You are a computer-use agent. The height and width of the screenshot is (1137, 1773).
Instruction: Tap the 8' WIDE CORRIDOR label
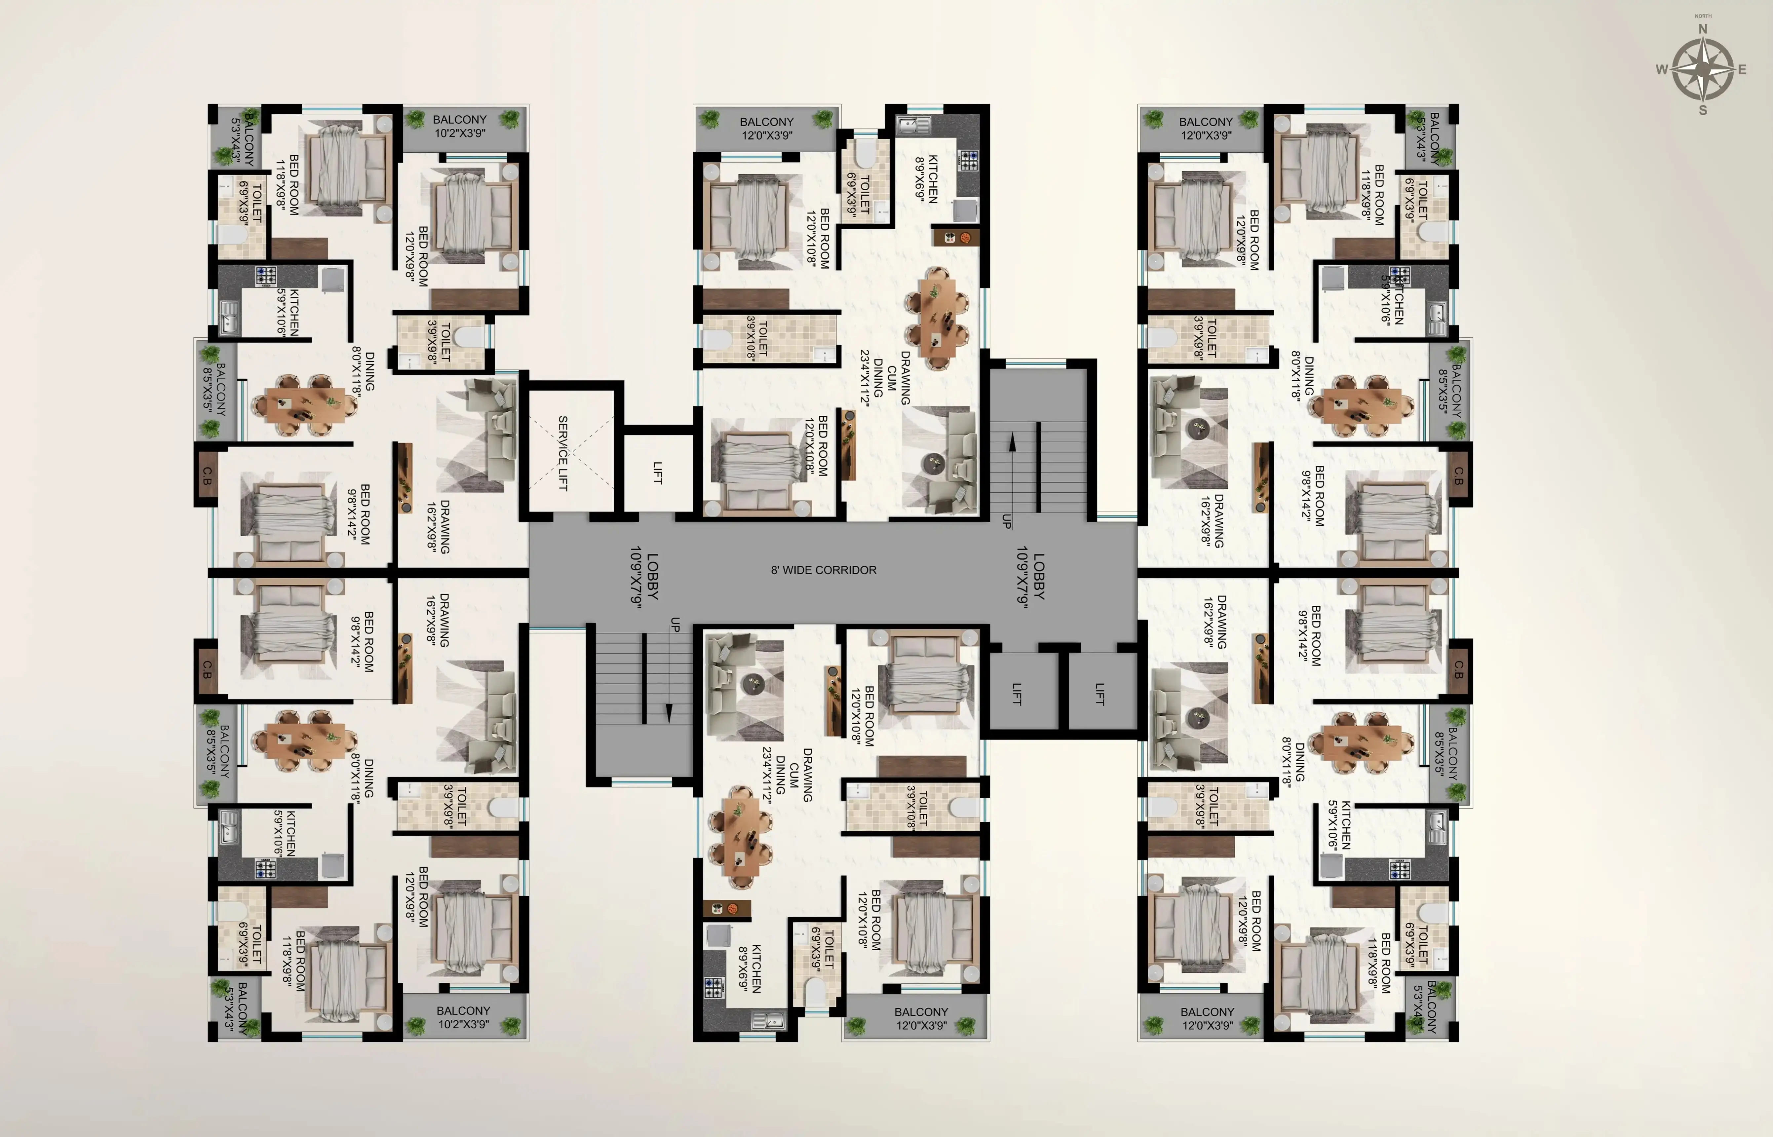tap(823, 570)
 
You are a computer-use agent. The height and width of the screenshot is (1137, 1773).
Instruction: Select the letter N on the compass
tap(1703, 29)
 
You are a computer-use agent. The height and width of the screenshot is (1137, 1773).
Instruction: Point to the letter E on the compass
tap(1742, 69)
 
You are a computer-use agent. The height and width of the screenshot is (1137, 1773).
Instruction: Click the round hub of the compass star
tap(1703, 69)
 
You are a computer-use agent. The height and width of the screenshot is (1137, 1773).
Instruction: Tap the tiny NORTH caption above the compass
tap(1703, 16)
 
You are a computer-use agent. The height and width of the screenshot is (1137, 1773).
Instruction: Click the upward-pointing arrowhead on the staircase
tap(1012, 441)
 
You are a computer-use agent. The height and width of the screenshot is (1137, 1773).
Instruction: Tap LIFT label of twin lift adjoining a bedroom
tap(1017, 694)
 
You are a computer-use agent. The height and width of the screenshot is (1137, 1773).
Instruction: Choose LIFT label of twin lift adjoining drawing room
tap(1099, 694)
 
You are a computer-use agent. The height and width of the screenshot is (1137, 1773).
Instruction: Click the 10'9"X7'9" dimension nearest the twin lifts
tap(1022, 576)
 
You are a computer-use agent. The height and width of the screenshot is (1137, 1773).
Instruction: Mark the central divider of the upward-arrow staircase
tap(1038, 467)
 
